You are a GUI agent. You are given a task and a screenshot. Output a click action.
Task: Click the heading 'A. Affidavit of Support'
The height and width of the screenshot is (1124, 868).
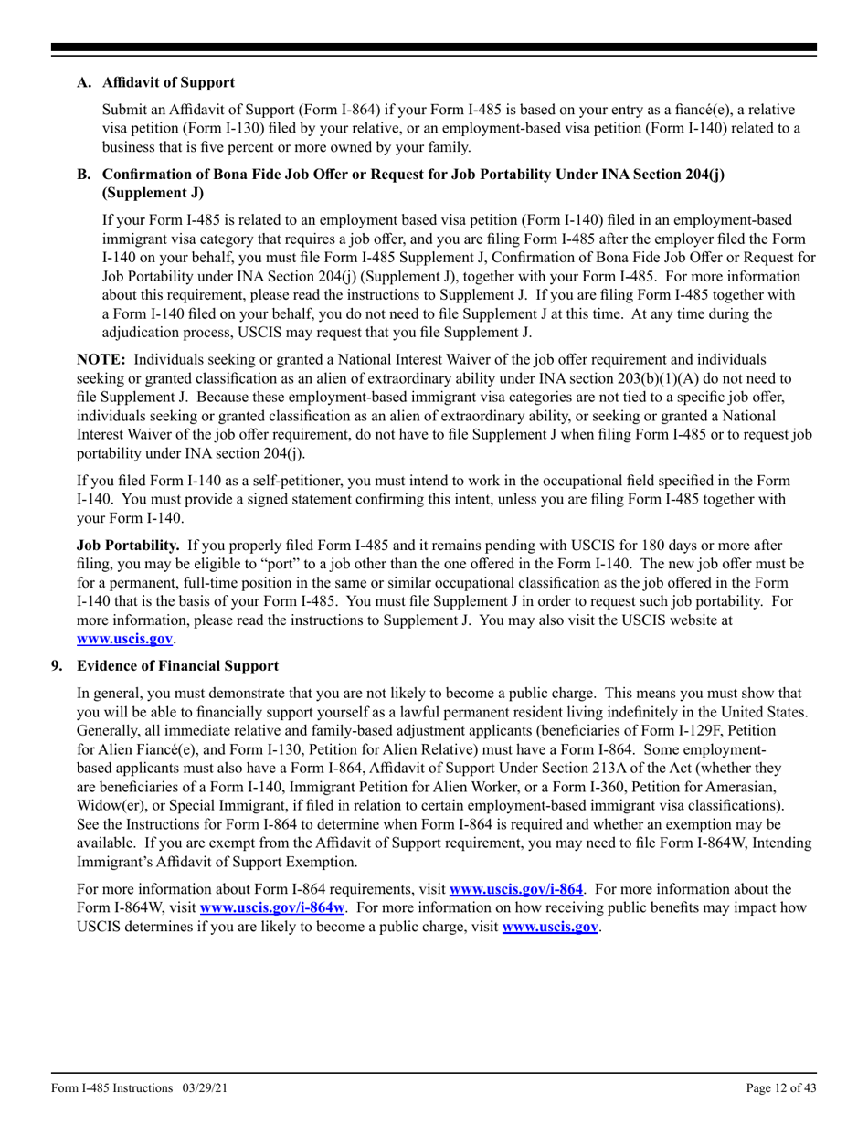point(155,83)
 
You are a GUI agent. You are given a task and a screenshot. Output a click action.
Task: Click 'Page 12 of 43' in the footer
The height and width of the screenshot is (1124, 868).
point(781,1088)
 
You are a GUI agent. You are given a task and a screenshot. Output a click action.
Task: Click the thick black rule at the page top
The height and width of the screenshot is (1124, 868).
point(434,48)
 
